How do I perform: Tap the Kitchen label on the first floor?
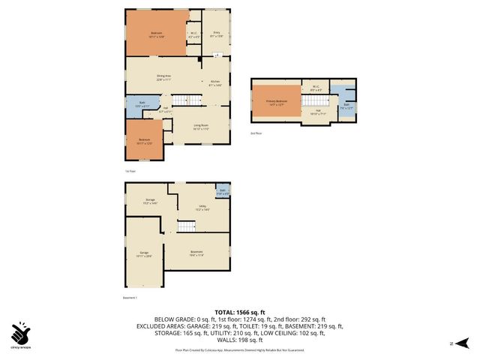point(214,82)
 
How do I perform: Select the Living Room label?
point(200,127)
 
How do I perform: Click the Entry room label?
point(216,34)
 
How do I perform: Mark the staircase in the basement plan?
point(186,226)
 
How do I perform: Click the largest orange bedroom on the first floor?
point(155,33)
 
